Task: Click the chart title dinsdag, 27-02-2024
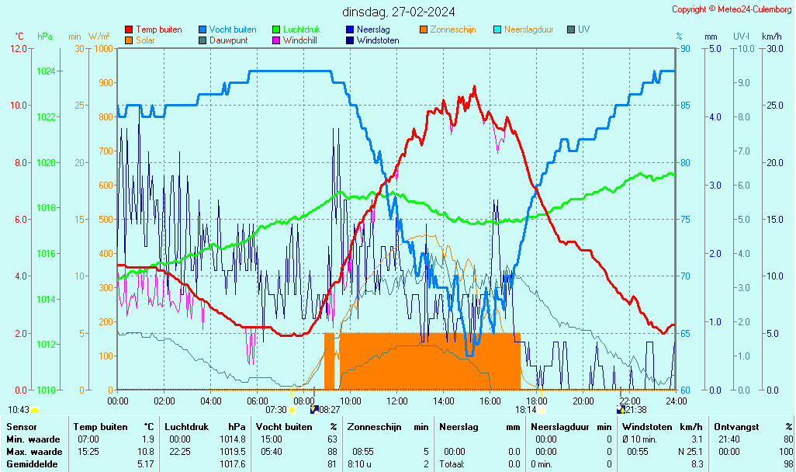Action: [399, 12]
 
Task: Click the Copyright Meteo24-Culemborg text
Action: [732, 9]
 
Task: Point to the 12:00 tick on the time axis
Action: [397, 401]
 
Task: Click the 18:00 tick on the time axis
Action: [537, 401]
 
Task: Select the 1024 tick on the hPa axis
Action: [46, 71]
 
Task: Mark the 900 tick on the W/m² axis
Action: [105, 83]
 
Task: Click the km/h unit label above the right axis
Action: [771, 36]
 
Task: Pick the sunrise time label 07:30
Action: [276, 409]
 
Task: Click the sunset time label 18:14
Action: [526, 409]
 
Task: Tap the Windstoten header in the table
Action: [646, 427]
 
